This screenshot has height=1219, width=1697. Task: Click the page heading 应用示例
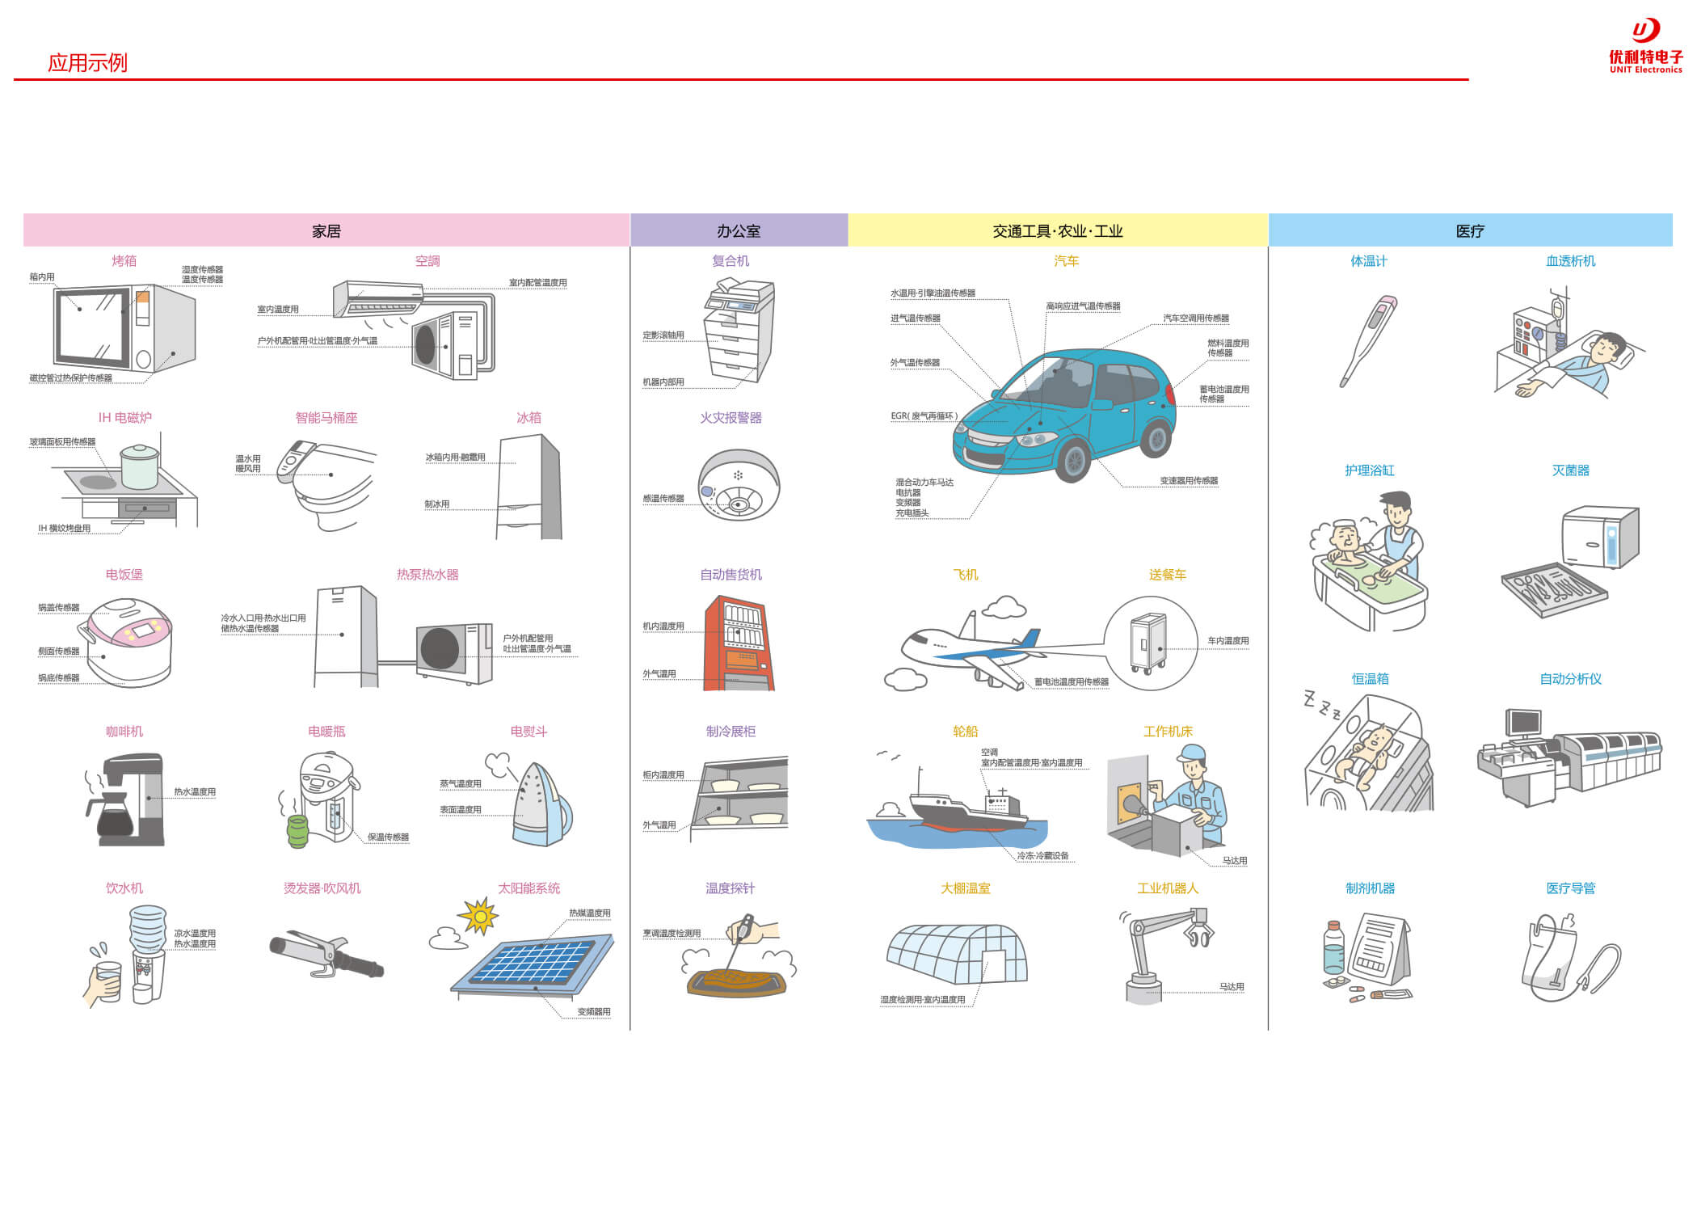pyautogui.click(x=87, y=63)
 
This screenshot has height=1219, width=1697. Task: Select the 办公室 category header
pyautogui.click(x=739, y=231)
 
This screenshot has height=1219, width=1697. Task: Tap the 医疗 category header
pyautogui.click(x=1470, y=231)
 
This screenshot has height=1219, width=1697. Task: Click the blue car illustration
pyautogui.click(x=1067, y=412)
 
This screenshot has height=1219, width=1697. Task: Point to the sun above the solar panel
pyautogui.click(x=479, y=917)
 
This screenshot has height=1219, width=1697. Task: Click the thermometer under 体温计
pyautogui.click(x=1368, y=340)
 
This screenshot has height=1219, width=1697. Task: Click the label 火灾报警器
pyautogui.click(x=731, y=418)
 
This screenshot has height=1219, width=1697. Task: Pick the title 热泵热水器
pyautogui.click(x=427, y=575)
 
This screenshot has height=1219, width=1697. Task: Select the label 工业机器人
pyautogui.click(x=1168, y=888)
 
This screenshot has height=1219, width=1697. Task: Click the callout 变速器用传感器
pyautogui.click(x=1189, y=481)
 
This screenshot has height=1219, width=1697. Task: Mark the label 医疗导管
pyautogui.click(x=1570, y=888)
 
